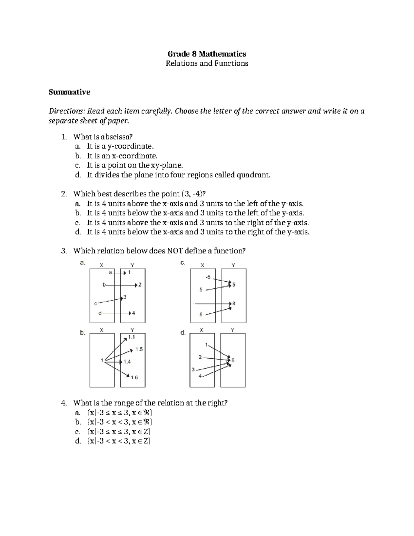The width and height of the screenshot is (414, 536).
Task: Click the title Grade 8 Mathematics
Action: (x=207, y=54)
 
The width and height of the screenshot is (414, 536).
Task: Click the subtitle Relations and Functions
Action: (x=207, y=63)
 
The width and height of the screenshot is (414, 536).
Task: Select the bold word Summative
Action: (x=69, y=92)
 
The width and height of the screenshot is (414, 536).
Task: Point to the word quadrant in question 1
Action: (x=253, y=175)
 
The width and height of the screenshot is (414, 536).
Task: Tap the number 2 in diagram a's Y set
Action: (x=140, y=285)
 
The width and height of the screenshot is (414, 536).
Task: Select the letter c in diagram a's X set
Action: (x=96, y=304)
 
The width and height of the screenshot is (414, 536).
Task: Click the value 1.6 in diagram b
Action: (x=134, y=378)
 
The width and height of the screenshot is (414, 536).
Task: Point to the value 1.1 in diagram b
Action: (x=131, y=337)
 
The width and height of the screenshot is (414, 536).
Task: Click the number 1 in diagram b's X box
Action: (x=102, y=360)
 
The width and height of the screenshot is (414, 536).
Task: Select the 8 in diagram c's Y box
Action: (x=234, y=303)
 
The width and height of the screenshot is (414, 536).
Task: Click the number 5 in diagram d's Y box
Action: (x=233, y=360)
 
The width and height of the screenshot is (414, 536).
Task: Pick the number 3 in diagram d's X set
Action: (x=193, y=369)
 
